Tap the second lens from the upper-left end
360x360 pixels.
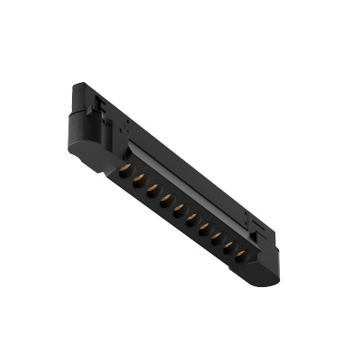(138, 180)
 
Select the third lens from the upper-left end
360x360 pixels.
(151, 190)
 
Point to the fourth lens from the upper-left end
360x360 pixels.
(165, 200)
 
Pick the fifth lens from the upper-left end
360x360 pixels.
(178, 210)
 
